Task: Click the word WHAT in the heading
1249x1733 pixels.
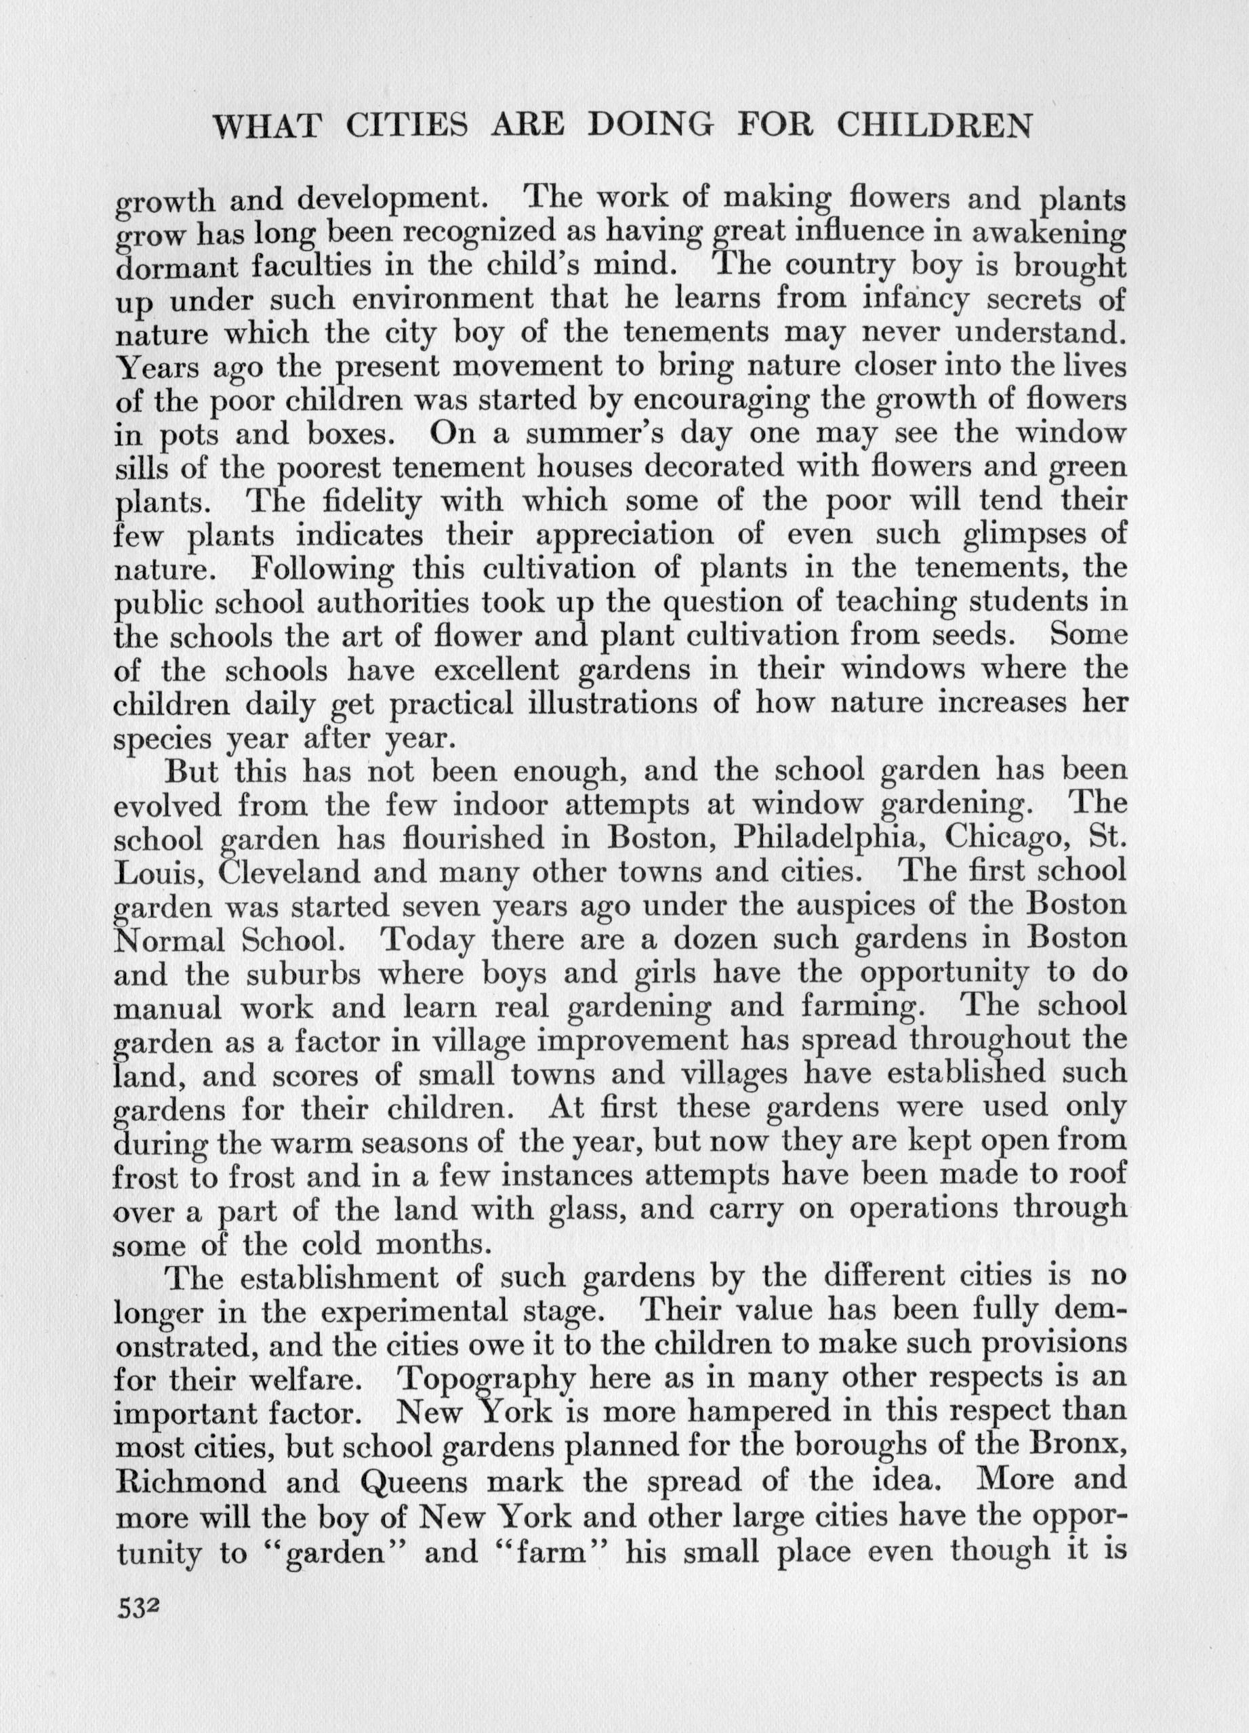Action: click(266, 126)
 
